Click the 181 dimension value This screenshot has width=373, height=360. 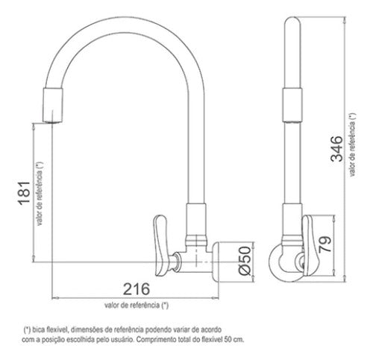click(x=25, y=193)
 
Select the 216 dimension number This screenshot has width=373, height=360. click(x=137, y=289)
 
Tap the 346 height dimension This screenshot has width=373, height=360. click(x=336, y=149)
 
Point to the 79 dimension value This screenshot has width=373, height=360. click(x=325, y=244)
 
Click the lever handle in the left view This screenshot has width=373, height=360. click(x=161, y=245)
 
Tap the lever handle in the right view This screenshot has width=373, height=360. click(x=311, y=245)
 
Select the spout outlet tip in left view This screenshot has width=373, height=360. click(x=52, y=121)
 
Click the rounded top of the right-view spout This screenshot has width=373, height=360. click(x=292, y=21)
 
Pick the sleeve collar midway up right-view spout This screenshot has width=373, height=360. click(x=292, y=105)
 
